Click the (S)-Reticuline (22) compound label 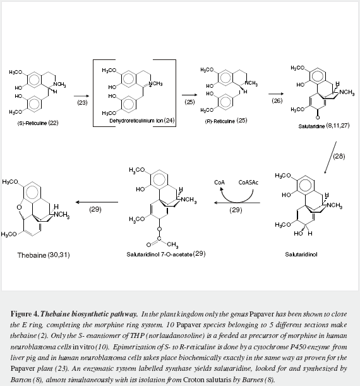pyautogui.click(x=38, y=123)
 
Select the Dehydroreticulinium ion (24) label pyautogui.click(x=142, y=121)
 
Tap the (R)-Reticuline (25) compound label pyautogui.click(x=226, y=121)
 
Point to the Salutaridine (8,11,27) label pyautogui.click(x=324, y=126)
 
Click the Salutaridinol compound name pyautogui.click(x=301, y=255)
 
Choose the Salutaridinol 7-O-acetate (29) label pyautogui.click(x=166, y=254)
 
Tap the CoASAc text pyautogui.click(x=248, y=183)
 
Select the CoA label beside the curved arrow pyautogui.click(x=219, y=183)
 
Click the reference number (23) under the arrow pyautogui.click(x=82, y=102)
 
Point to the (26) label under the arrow pyautogui.click(x=277, y=100)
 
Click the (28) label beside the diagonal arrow pyautogui.click(x=339, y=156)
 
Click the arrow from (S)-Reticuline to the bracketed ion pyautogui.click(x=81, y=96)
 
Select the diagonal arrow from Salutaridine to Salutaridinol pyautogui.click(x=330, y=157)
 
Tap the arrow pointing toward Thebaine pyautogui.click(x=97, y=202)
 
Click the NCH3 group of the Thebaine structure pyautogui.click(x=61, y=215)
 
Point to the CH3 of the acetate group pyautogui.click(x=172, y=244)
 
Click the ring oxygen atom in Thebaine pyautogui.click(x=19, y=207)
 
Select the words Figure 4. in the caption pyautogui.click(x=25, y=314)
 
